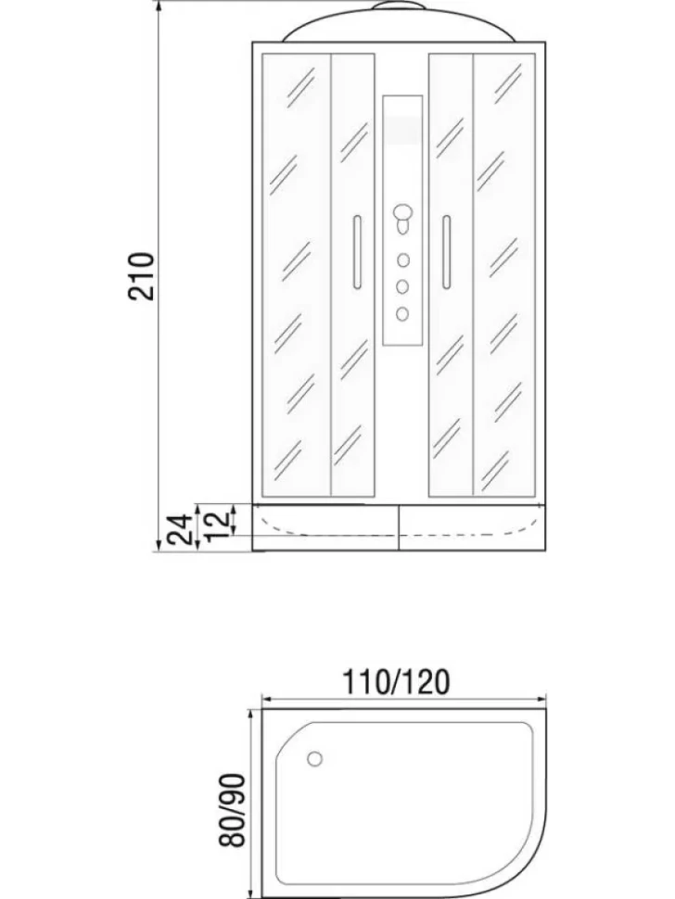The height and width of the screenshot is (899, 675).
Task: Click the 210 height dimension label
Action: [141, 276]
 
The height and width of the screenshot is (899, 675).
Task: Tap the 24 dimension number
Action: [181, 529]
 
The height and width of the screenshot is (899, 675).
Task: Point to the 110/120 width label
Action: [395, 682]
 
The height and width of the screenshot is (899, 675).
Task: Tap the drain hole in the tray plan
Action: [314, 758]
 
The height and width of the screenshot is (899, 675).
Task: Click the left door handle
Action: [357, 252]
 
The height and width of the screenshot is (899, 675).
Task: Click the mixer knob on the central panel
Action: [403, 217]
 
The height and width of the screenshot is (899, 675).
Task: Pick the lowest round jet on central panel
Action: [402, 313]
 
